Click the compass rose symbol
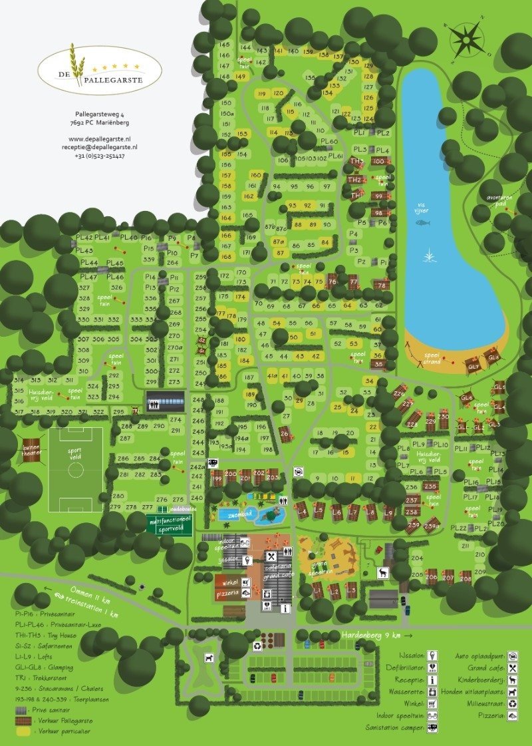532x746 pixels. click(x=467, y=38)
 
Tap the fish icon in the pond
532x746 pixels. click(x=423, y=222)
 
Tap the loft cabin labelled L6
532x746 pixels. click(x=337, y=512)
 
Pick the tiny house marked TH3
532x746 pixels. click(x=357, y=162)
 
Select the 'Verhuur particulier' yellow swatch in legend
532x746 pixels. click(x=23, y=731)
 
